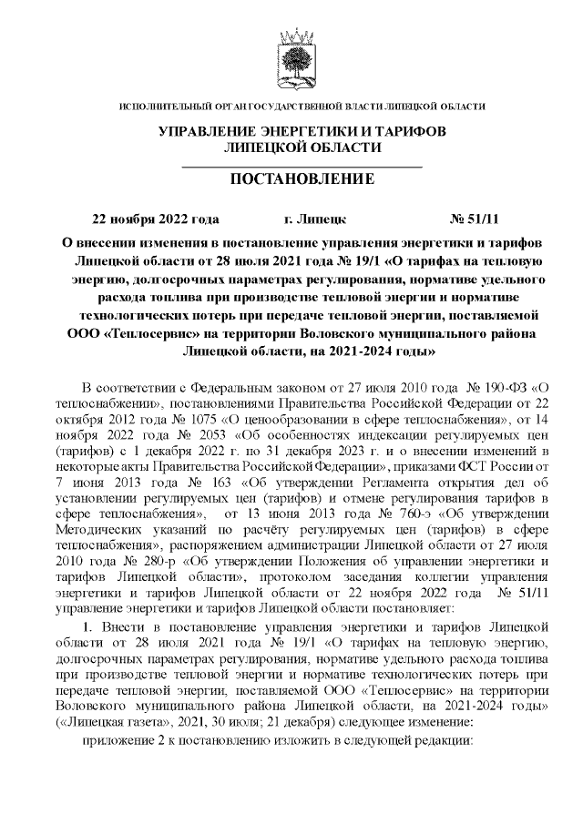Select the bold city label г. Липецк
pos(315,220)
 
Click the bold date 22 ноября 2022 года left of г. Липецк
pos(156,220)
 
